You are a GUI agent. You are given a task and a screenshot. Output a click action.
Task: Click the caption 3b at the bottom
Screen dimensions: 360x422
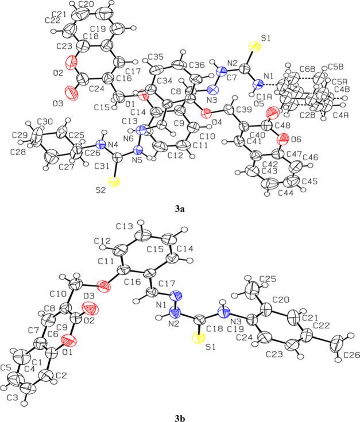point(180,412)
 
